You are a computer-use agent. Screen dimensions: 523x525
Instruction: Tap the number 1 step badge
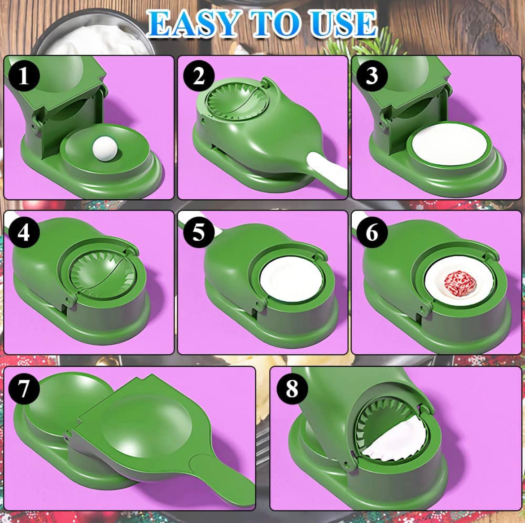click(23, 75)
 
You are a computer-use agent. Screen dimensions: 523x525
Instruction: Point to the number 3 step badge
click(372, 75)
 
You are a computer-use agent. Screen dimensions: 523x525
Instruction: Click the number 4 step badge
click(23, 232)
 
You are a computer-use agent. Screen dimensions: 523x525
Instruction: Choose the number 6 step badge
click(372, 232)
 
